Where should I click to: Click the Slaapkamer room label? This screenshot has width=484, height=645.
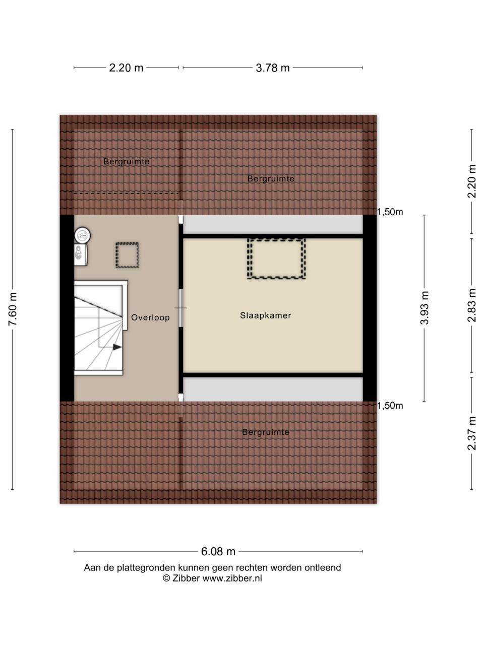point(265,315)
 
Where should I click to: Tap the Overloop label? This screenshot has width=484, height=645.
point(150,317)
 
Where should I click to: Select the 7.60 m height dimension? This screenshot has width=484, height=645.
point(13,309)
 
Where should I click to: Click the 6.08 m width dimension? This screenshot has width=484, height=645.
point(218,552)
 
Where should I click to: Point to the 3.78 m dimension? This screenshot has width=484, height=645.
point(272,68)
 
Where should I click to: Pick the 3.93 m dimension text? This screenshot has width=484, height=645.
point(425,308)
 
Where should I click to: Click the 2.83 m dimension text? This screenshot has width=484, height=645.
point(472,305)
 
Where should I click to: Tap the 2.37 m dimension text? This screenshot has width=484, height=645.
point(472,433)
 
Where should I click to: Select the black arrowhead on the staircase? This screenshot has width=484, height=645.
point(117,347)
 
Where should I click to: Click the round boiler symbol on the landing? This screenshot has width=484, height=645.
point(83,235)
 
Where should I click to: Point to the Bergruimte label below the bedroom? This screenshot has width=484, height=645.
point(266,432)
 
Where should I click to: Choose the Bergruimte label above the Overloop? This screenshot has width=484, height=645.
point(127,161)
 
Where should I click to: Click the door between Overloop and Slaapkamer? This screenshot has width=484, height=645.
point(180,308)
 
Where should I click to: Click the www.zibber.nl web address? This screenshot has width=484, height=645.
point(232,578)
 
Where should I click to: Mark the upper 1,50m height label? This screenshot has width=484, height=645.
point(390,212)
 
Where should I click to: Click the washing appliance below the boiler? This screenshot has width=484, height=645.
point(81,255)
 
